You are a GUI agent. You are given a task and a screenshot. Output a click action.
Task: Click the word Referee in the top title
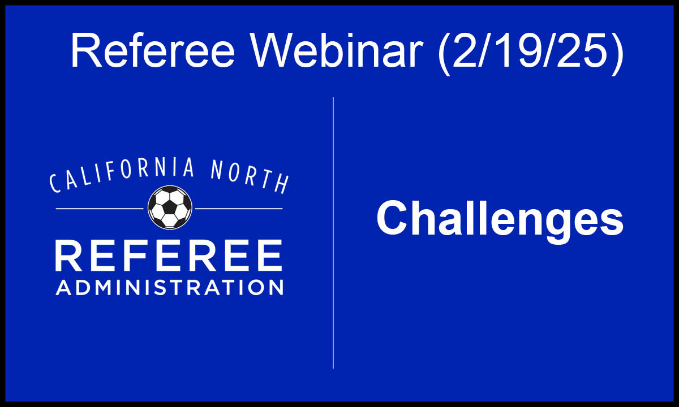pyautogui.click(x=153, y=50)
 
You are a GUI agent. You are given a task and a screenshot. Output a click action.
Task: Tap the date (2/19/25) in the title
pyautogui.click(x=530, y=53)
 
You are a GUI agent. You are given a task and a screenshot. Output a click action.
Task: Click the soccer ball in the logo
pyautogui.click(x=170, y=207)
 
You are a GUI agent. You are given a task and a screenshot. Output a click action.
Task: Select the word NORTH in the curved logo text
pyautogui.click(x=249, y=176)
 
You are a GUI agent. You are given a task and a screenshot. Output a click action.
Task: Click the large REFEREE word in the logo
pyautogui.click(x=169, y=256)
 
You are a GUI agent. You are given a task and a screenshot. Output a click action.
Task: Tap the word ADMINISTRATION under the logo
pyautogui.click(x=169, y=287)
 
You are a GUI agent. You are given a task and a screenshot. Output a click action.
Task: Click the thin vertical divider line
pyautogui.click(x=333, y=233)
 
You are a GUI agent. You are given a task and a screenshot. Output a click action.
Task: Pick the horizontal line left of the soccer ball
pyautogui.click(x=100, y=209)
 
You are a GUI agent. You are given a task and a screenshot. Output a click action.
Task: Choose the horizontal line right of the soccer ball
pyautogui.click(x=239, y=209)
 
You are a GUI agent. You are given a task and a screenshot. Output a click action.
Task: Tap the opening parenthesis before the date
pyautogui.click(x=443, y=54)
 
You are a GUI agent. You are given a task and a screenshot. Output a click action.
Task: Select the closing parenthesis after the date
pyautogui.click(x=617, y=54)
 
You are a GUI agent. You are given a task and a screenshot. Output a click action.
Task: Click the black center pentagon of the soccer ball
pyautogui.click(x=170, y=208)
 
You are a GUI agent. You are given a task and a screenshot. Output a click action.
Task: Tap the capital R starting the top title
pyautogui.click(x=86, y=50)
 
